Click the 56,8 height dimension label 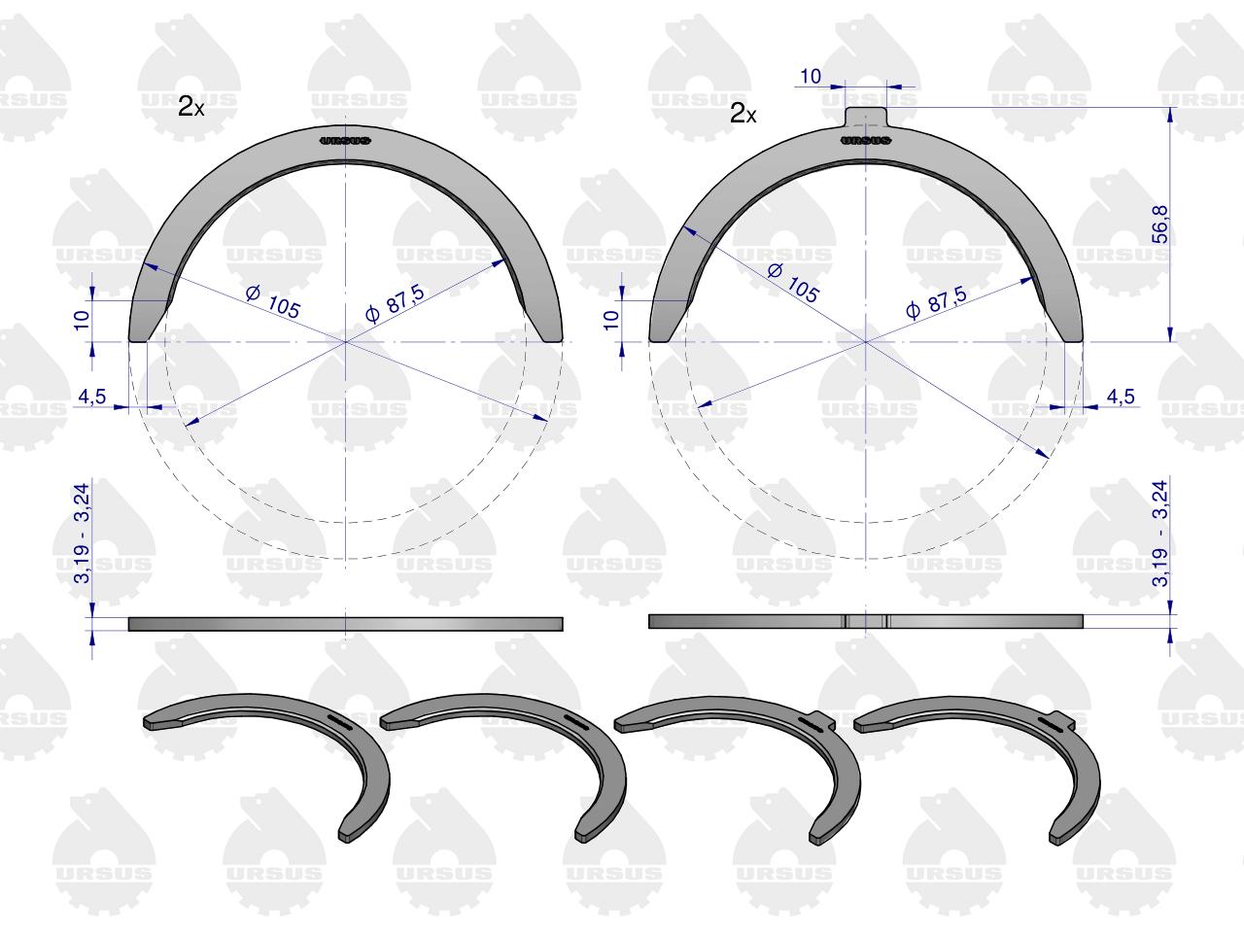1160,225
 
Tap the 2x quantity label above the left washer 191,107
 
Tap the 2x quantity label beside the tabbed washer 743,114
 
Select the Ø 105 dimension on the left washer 272,302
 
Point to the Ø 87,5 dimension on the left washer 395,303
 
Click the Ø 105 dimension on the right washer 793,283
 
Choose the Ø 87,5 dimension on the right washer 936,302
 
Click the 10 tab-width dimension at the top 811,76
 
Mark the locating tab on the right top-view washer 865,117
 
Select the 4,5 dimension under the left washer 91,397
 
